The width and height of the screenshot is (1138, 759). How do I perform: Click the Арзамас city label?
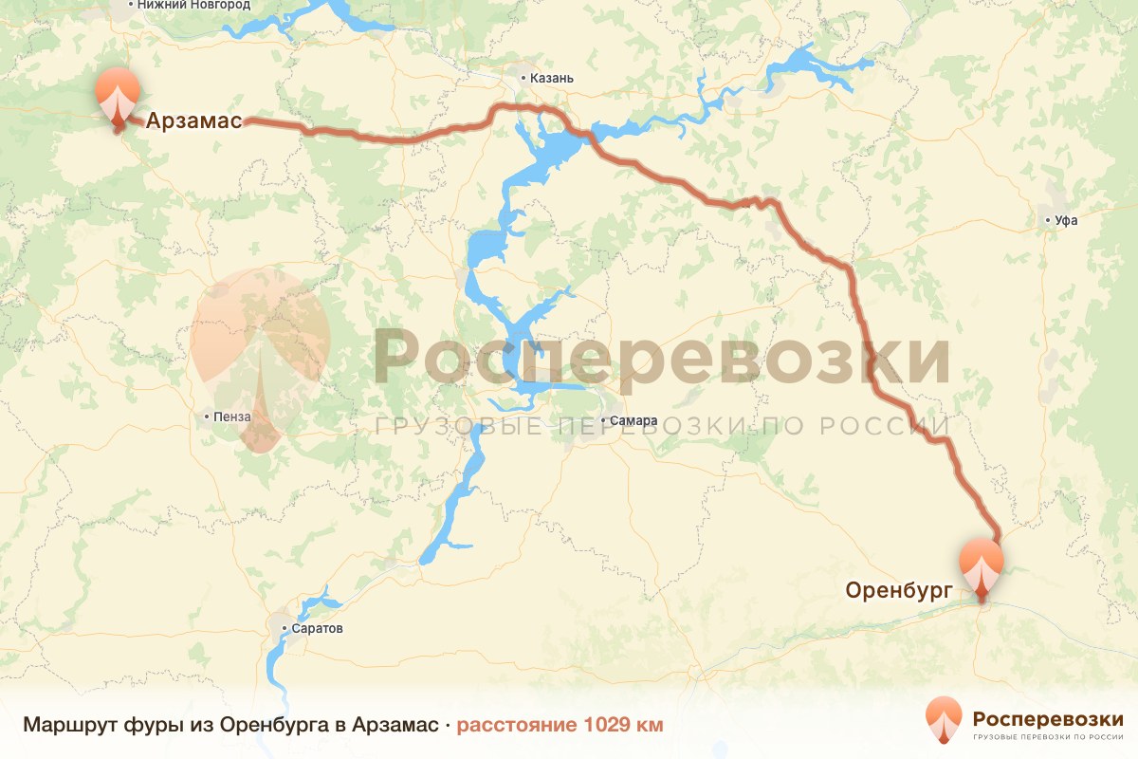[193, 120]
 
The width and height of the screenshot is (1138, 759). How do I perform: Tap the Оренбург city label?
[898, 590]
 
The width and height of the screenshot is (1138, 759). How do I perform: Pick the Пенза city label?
[233, 416]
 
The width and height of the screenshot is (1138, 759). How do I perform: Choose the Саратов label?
[318, 628]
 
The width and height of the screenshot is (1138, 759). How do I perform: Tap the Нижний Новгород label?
[193, 5]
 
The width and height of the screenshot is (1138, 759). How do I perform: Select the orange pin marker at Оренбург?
[981, 567]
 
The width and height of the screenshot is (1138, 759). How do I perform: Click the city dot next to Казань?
[523, 78]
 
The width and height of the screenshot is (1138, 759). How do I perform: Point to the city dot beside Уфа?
[1048, 220]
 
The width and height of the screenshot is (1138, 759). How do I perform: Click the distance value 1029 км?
[623, 725]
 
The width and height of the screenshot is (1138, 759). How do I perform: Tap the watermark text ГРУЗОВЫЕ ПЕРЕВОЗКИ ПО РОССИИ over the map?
[661, 427]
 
